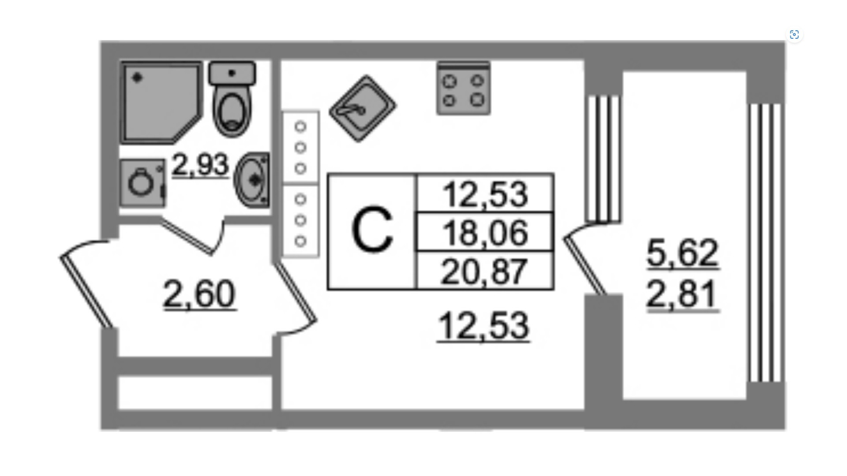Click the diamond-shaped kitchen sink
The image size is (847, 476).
tap(363, 108)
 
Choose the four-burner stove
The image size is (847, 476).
tap(463, 89)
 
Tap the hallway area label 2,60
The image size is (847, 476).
tap(199, 294)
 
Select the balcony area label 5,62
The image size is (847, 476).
tap(682, 253)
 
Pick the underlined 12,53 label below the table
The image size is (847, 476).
tap(483, 326)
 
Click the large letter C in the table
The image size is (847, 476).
tap(372, 231)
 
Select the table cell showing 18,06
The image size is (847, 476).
tap(485, 232)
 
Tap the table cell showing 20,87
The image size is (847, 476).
tap(485, 271)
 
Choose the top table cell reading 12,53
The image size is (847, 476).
tap(485, 194)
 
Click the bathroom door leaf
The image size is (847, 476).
tap(187, 236)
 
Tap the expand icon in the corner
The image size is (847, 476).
tap(794, 35)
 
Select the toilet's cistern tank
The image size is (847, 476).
tap(232, 73)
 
